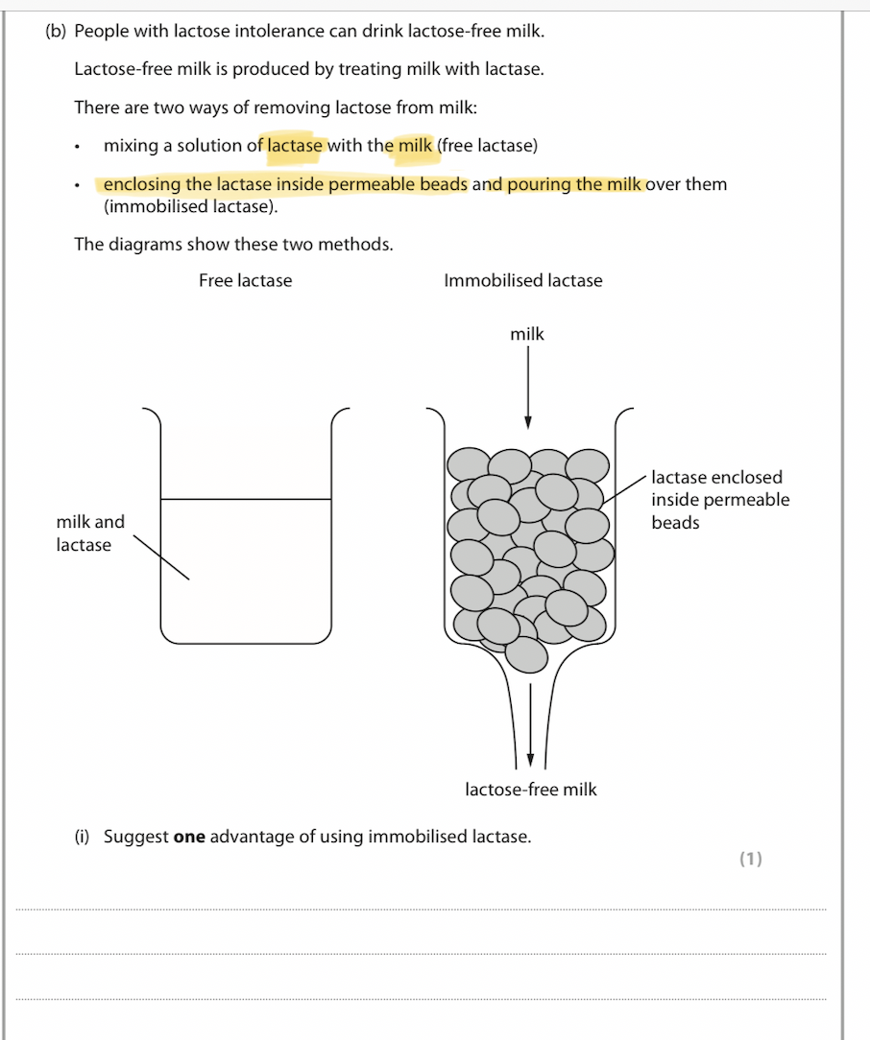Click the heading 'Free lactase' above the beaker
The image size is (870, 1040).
tap(245, 281)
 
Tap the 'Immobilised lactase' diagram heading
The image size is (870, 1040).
tap(522, 281)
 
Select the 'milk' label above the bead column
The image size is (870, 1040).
tap(527, 335)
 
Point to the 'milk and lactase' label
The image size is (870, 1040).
tap(89, 533)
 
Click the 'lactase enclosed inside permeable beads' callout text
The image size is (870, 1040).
tap(719, 500)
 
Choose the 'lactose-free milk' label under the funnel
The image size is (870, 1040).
tap(530, 790)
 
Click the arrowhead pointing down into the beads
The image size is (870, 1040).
tap(527, 423)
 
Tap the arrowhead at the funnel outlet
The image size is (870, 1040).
tap(529, 760)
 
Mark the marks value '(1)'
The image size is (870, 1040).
tap(750, 859)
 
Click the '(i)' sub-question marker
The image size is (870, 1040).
tap(82, 837)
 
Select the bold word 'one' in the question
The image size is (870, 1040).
tap(189, 837)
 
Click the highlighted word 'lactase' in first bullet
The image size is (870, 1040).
tap(294, 146)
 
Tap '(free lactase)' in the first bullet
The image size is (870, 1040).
tap(487, 146)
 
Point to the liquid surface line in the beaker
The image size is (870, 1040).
tap(246, 499)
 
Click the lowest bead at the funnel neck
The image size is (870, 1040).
tap(525, 655)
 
